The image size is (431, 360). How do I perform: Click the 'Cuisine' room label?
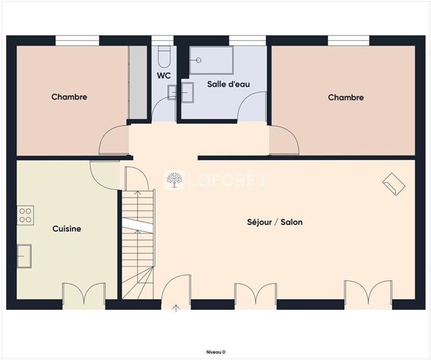[x=67, y=229]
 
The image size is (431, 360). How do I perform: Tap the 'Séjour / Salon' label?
[x=274, y=222]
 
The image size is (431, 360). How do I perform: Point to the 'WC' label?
[x=164, y=75]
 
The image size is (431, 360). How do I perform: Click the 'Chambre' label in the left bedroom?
[x=69, y=97]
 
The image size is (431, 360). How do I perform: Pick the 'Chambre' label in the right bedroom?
[x=346, y=98]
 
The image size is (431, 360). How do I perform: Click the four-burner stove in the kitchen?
[x=26, y=215]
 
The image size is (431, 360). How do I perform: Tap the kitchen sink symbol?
[x=24, y=255]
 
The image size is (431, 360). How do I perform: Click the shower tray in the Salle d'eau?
[x=211, y=60]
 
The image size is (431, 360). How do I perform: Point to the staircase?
[x=138, y=243]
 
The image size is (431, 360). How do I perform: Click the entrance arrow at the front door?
[x=176, y=308]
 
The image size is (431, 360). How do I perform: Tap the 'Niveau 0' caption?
[x=215, y=351]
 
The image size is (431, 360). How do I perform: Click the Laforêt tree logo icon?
[x=173, y=180]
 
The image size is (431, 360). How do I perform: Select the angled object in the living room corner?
[x=394, y=184]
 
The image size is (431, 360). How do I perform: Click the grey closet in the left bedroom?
[x=138, y=82]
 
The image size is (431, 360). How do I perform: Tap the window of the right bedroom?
[x=348, y=40]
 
